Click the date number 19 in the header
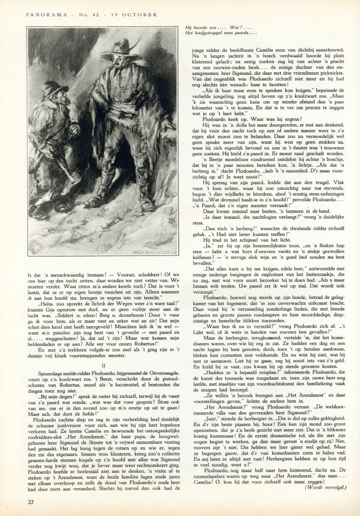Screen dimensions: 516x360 coord(112,14)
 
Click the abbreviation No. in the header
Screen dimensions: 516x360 coord(78,14)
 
